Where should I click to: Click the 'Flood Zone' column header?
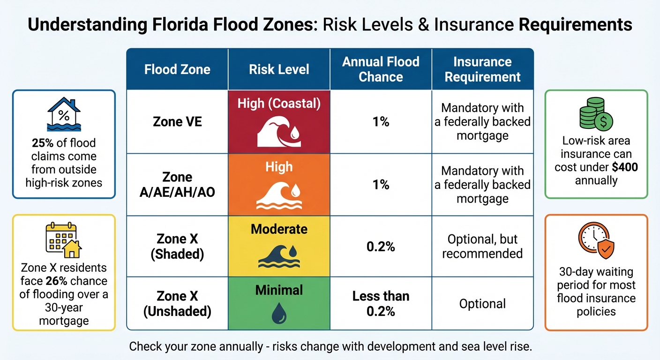[x=177, y=70]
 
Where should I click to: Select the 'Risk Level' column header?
[x=279, y=70]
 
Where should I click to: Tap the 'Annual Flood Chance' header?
[x=381, y=69]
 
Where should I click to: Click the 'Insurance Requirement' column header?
[x=482, y=69]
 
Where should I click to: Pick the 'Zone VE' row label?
[x=177, y=122]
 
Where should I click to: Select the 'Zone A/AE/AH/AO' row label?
[x=177, y=185]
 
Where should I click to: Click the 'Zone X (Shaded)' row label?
[x=177, y=246]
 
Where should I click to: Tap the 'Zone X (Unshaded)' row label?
[x=177, y=303]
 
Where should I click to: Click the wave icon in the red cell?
[x=279, y=131]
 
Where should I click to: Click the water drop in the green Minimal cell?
[x=279, y=313]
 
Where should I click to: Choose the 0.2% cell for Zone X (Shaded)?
[x=381, y=246]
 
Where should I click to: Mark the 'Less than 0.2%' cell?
[x=381, y=303]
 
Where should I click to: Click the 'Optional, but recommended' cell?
[x=482, y=246]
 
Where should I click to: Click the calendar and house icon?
[x=64, y=241]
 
